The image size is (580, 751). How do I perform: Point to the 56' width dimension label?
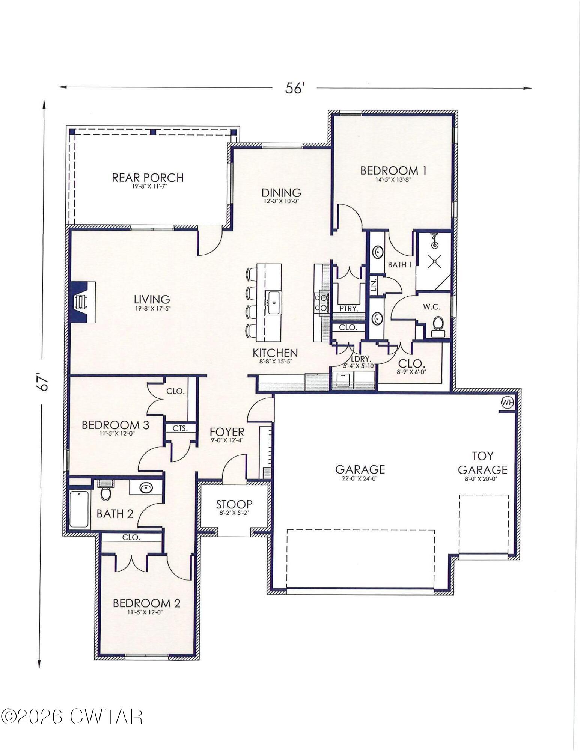pos(294,89)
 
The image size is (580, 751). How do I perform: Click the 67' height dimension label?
pos(44,382)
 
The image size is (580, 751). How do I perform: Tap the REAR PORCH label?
pos(148,178)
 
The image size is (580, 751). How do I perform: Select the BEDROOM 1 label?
pos(393,171)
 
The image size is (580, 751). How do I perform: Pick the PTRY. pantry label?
pos(348,308)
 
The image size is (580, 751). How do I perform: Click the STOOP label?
pos(234,504)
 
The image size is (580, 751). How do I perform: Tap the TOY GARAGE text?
pos(482,463)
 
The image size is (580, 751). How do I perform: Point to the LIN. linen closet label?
pos(374,285)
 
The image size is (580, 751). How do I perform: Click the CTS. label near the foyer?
pos(180,428)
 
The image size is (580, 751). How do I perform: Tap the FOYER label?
pos(227,432)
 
